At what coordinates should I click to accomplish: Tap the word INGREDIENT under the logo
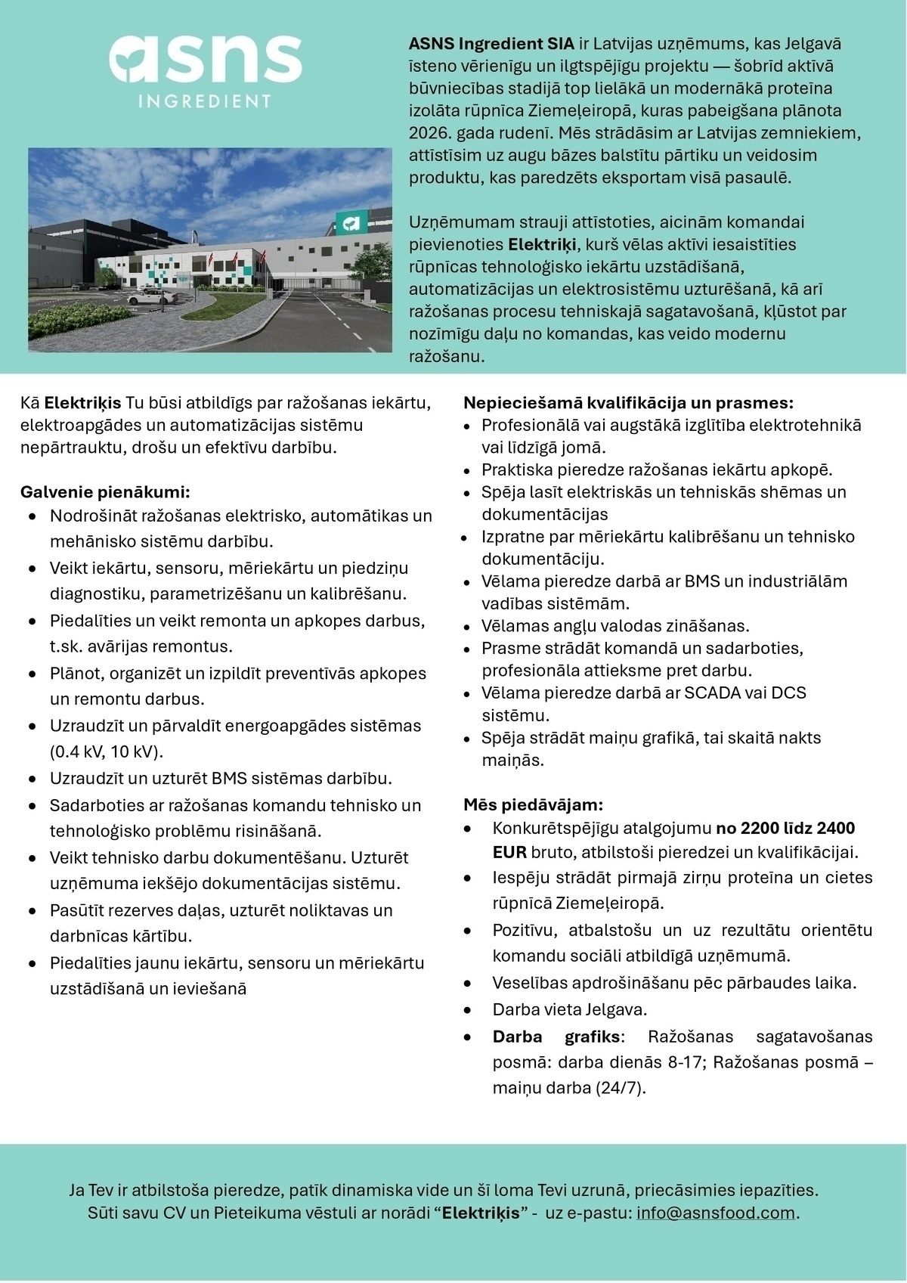point(205,101)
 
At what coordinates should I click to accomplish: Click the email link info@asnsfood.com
point(716,1213)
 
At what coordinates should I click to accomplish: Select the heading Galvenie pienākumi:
point(105,492)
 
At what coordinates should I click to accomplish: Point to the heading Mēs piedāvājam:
point(534,804)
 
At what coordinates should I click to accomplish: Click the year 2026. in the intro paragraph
point(429,133)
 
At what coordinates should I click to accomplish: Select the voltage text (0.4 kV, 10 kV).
point(107,752)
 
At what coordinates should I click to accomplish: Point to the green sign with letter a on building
point(351,222)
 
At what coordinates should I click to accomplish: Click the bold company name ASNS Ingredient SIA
point(491,44)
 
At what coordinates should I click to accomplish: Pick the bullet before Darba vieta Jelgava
point(469,1010)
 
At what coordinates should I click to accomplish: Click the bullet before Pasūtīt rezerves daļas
point(33,911)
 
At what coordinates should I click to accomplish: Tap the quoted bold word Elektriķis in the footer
point(480,1213)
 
